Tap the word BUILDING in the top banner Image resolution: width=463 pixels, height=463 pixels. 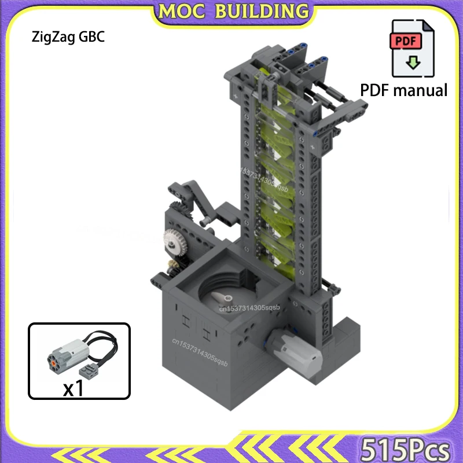coord(260,11)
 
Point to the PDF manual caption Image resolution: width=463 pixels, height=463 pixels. coord(404,90)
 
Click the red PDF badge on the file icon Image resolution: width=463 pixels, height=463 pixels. coord(406,42)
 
